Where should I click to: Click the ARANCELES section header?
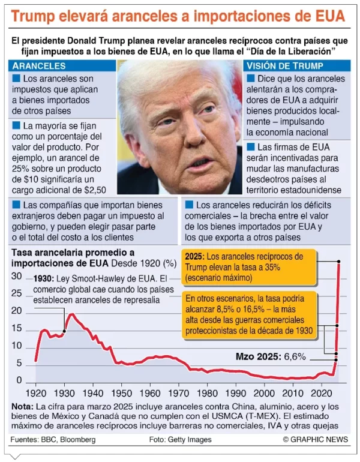(39, 65)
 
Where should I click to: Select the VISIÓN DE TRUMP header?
(286, 65)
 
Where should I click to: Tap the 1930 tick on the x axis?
(65, 394)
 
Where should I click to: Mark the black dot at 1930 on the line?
(65, 331)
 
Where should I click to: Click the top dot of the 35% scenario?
(339, 262)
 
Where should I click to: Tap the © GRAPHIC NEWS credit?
(315, 440)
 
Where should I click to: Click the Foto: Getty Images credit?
(180, 440)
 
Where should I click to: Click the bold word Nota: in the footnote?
(24, 406)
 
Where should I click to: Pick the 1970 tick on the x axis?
(179, 394)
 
